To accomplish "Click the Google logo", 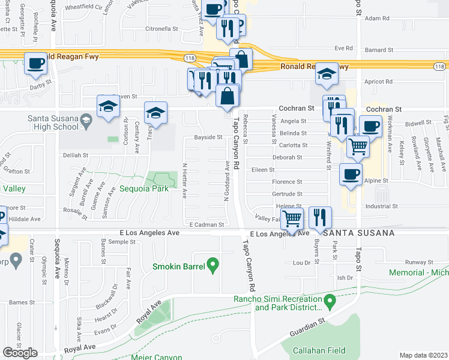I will click(x=20, y=353).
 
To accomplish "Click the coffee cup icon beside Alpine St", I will click(x=351, y=175).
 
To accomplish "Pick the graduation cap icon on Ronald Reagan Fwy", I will click(x=327, y=74).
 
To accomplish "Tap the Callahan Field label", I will click(x=315, y=350).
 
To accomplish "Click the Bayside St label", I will click(x=208, y=137).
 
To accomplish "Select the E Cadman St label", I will click(x=206, y=224).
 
